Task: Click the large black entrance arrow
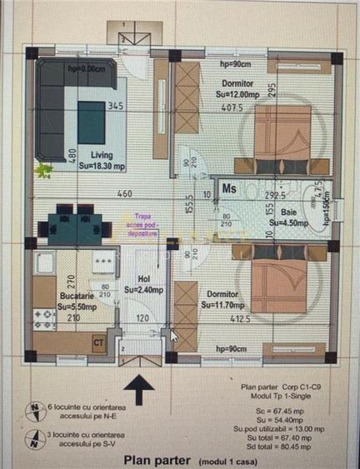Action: tap(138, 388)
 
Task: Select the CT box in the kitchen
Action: tap(98, 341)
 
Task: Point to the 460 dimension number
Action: tap(124, 194)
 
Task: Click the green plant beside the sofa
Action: tap(43, 170)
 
